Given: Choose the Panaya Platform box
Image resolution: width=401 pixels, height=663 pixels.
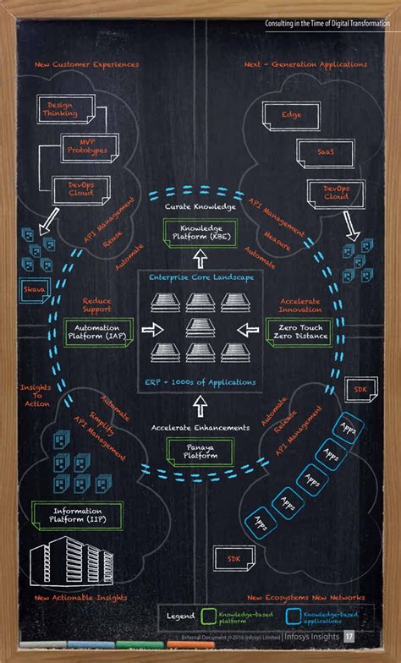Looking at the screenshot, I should coord(200,451).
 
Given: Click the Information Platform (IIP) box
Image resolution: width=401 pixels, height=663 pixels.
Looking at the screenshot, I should coord(76,514).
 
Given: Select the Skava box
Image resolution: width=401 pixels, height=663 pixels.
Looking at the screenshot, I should coord(33,290).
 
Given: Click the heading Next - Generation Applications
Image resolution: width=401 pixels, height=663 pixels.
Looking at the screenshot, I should coord(305,64).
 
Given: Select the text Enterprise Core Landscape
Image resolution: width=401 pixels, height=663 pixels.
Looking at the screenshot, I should coord(200,277).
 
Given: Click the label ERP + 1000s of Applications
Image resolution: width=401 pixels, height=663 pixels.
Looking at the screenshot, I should coord(200,382).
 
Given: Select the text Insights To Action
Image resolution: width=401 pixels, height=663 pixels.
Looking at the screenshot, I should coord(36,396).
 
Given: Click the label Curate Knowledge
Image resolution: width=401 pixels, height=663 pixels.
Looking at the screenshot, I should coord(200,206).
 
